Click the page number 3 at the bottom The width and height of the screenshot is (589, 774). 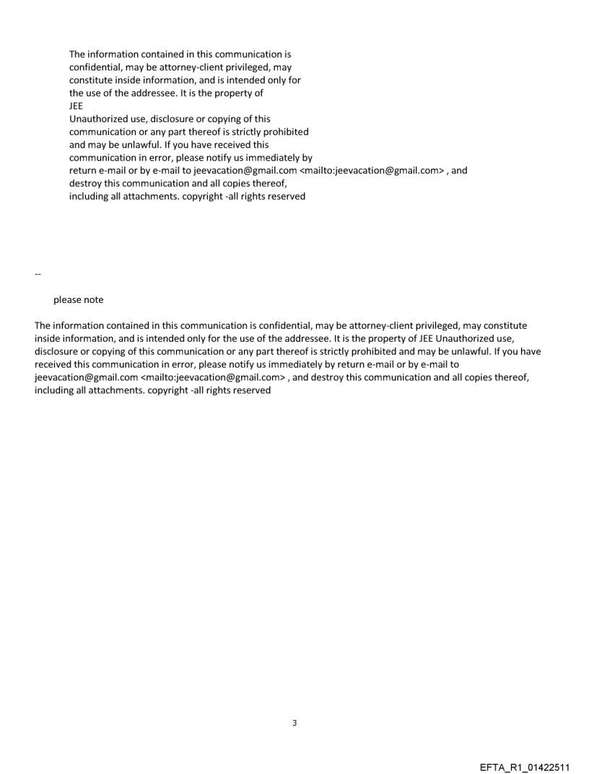coord(294,722)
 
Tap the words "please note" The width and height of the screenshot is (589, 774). coord(78,300)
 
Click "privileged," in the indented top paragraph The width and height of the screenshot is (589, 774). coord(222,67)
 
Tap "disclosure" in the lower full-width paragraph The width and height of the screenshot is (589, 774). coord(60,352)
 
